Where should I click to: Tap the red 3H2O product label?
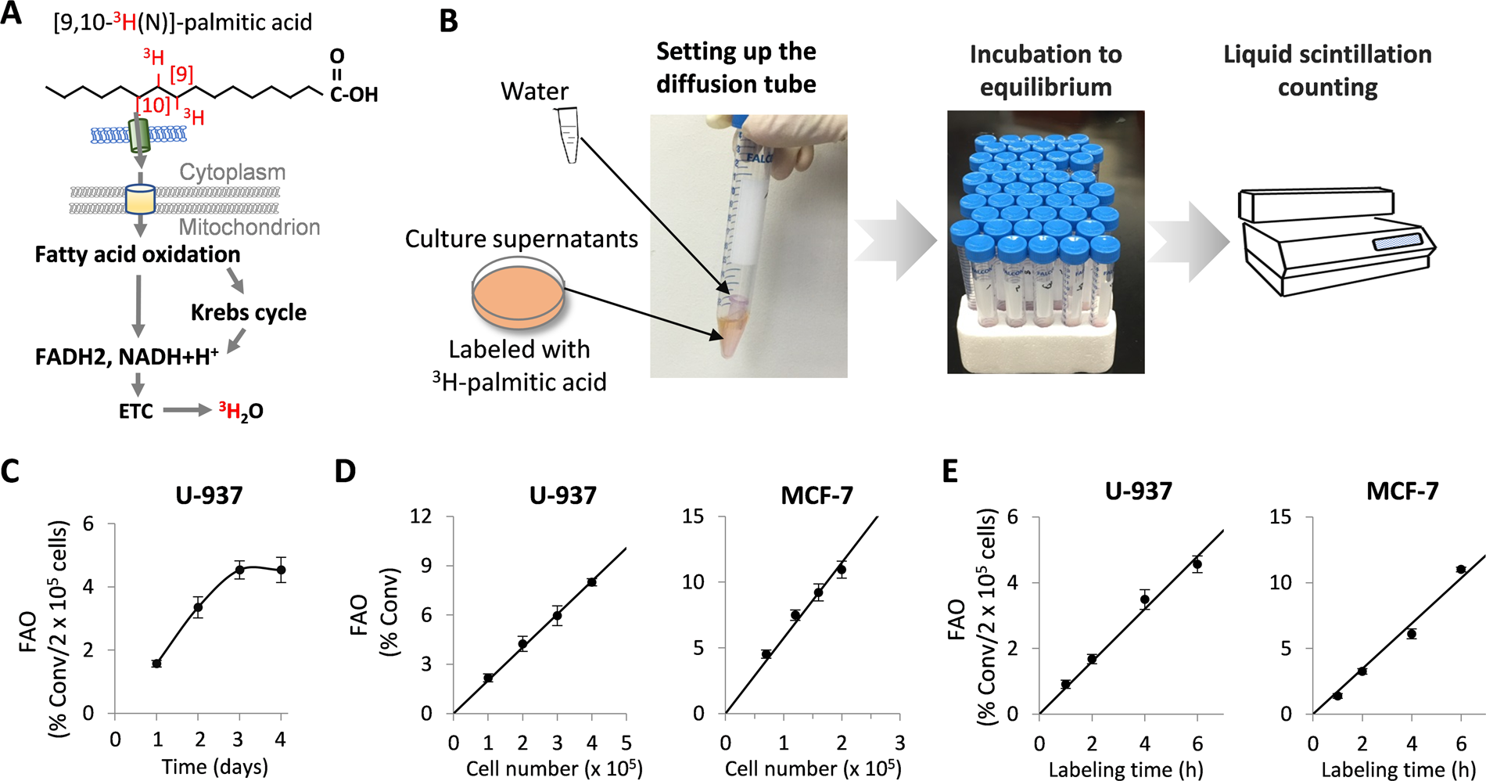click(x=241, y=411)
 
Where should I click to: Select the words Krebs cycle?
click(x=248, y=312)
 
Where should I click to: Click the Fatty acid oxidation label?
click(x=138, y=254)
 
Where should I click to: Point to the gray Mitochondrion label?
click(x=249, y=227)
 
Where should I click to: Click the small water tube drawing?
click(x=568, y=135)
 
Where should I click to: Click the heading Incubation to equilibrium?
click(x=1046, y=70)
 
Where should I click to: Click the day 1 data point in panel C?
click(x=156, y=664)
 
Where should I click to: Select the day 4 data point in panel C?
click(x=281, y=570)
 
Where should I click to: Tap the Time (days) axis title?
click(x=214, y=767)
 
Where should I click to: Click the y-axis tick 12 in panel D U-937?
click(x=422, y=516)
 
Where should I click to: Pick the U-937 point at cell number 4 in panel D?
click(x=592, y=582)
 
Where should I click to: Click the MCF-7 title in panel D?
click(x=817, y=495)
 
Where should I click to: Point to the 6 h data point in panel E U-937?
click(x=1197, y=563)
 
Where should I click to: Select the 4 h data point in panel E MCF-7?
click(x=1412, y=634)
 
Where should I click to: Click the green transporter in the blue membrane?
click(x=139, y=135)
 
